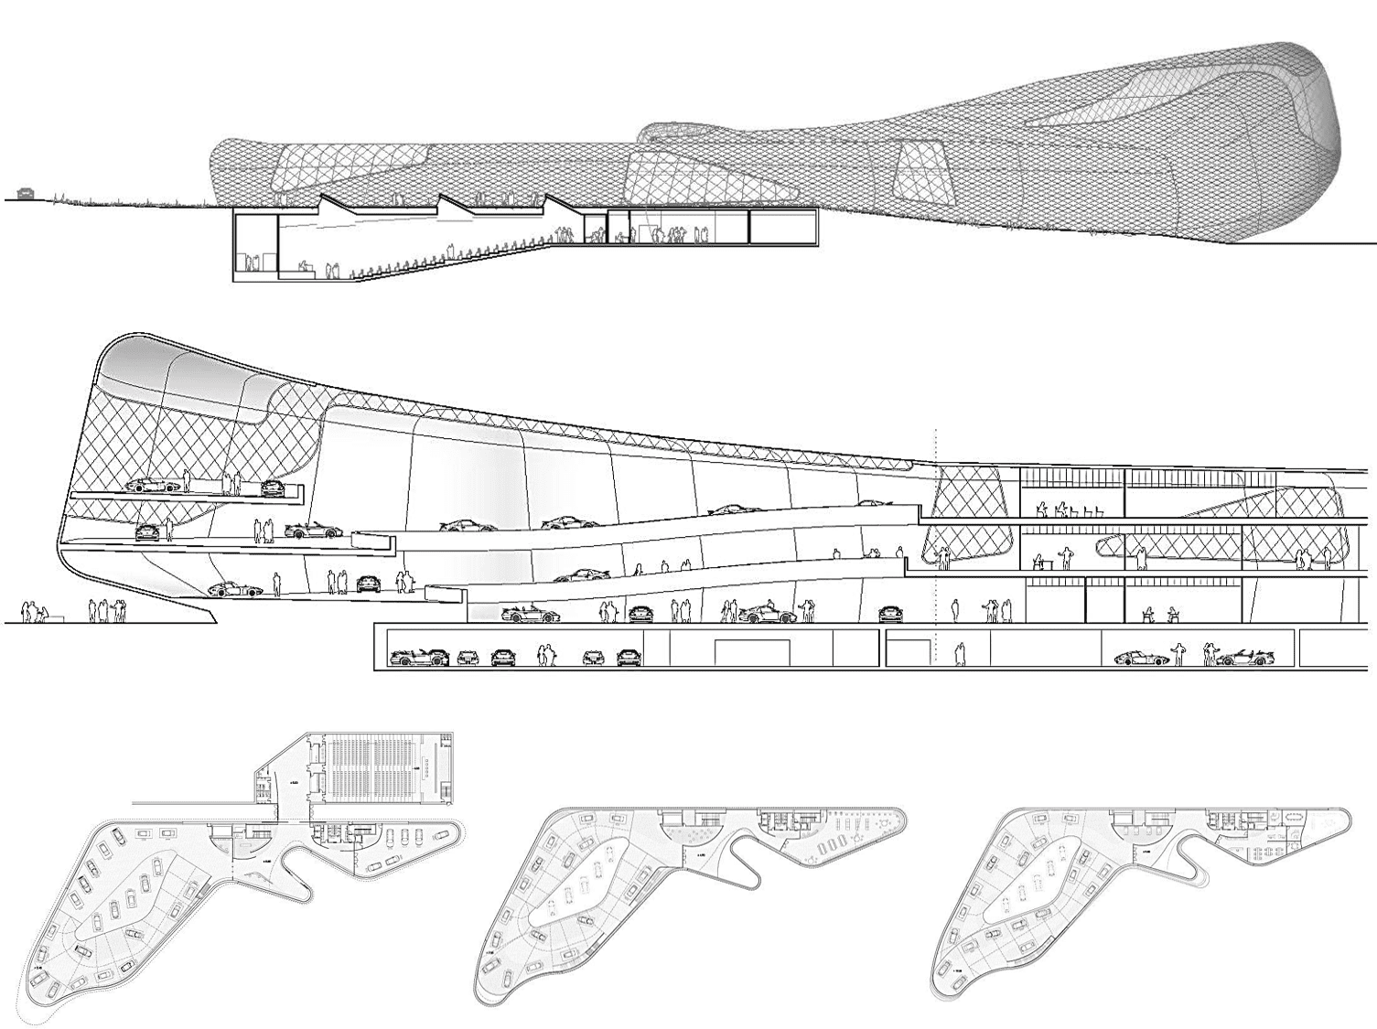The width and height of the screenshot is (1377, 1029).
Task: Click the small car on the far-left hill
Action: (x=26, y=193)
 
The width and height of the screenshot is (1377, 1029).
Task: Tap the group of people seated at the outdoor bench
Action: (x=35, y=612)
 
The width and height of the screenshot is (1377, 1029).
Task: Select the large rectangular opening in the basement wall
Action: (x=752, y=652)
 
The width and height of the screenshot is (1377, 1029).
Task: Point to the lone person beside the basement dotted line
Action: (x=959, y=653)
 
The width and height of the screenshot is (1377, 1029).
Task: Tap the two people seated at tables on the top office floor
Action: (x=1052, y=509)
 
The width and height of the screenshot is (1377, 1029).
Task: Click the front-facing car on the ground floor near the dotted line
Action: (x=888, y=615)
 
